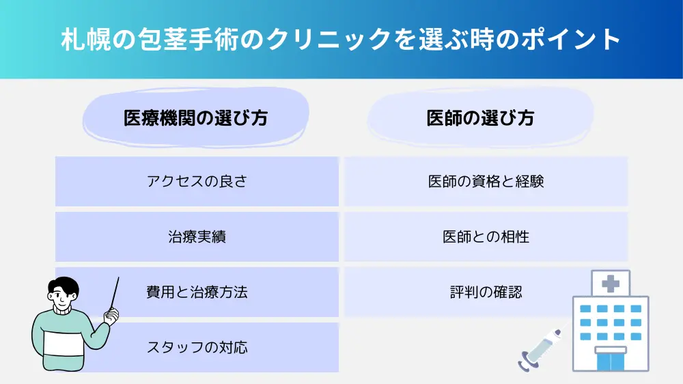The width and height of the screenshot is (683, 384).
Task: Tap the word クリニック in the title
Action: coord(329,39)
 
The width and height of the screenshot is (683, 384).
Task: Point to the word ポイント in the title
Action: coord(571,39)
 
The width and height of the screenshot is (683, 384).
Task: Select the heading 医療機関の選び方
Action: coord(195,118)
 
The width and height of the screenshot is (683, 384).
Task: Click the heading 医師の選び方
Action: coord(480,118)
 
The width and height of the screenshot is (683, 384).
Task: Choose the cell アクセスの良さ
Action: coord(197,181)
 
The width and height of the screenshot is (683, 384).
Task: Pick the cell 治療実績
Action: coord(197,236)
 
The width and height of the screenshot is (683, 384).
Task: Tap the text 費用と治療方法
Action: coord(197,292)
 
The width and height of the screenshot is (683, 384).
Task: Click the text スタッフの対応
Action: coord(197,347)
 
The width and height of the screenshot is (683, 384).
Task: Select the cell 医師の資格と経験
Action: coord(486,181)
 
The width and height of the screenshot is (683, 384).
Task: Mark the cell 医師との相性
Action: coord(486,236)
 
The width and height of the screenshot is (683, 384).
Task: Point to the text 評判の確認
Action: coord(486,292)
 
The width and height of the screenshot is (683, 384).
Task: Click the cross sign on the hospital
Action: coord(610,284)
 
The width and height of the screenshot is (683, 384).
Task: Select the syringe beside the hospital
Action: coord(540,351)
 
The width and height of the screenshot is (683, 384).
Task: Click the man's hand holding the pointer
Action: coord(112,316)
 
